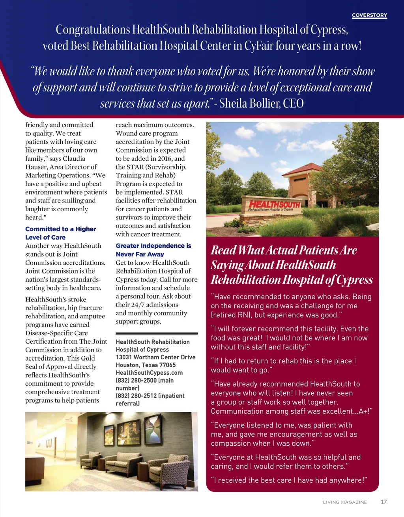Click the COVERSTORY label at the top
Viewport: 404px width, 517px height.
coord(369,15)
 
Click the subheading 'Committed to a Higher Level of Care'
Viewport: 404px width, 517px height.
coord(60,233)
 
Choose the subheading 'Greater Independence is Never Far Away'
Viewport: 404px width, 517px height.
coord(153,250)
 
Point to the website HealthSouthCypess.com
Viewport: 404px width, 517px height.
coord(149,372)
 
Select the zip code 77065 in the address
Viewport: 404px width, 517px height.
coord(167,365)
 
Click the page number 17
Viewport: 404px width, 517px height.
coord(383,502)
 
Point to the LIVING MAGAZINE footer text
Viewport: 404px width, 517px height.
coord(345,502)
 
